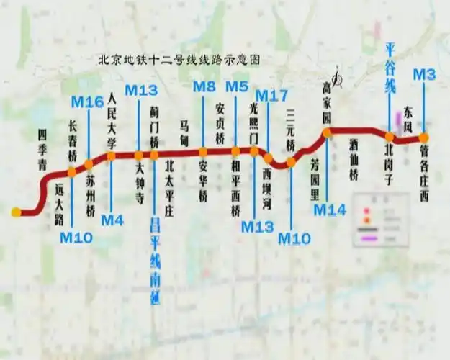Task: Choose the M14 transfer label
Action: [330, 210]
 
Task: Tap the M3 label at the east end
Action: [424, 74]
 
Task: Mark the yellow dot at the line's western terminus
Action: [16, 212]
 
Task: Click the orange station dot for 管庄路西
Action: [423, 138]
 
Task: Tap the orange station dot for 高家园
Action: [327, 132]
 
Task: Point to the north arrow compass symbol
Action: [338, 75]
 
